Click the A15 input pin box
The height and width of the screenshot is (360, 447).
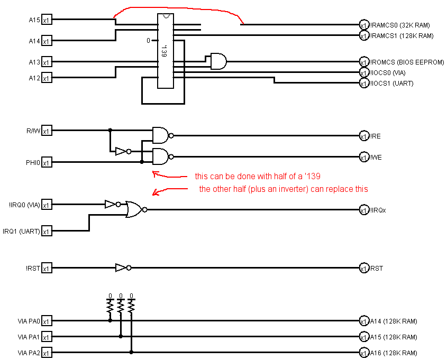coord(47,20)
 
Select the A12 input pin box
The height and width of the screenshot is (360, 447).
coord(47,78)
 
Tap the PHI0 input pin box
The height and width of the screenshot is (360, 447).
coord(47,162)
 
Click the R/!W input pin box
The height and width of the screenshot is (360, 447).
coord(47,131)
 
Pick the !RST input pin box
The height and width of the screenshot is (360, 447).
coord(47,268)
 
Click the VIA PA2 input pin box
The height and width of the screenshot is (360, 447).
coord(47,353)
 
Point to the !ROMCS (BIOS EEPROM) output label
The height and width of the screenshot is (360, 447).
coord(407,62)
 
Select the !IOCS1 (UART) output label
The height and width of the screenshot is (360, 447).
coord(391,84)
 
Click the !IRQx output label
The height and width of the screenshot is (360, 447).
coord(378,210)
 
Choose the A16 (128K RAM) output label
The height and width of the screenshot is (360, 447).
coord(393,353)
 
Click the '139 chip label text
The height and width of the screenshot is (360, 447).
coord(164,51)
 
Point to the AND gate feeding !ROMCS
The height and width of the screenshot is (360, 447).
coord(217,61)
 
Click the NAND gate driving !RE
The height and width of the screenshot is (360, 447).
coord(161,135)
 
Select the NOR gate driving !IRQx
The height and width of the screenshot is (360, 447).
coord(134,210)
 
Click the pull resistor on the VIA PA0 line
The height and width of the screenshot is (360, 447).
coord(110,306)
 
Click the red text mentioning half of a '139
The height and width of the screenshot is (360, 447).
coord(258,176)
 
